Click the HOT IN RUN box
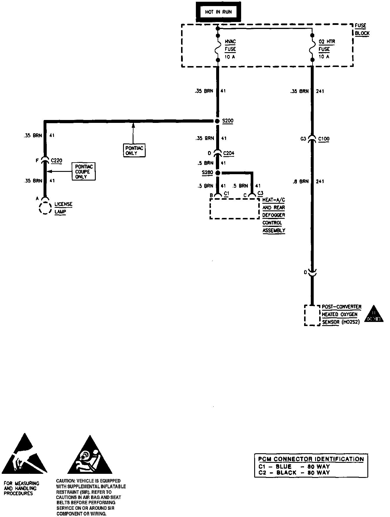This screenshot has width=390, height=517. click(218, 12)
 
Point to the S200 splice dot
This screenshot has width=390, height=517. click(217, 121)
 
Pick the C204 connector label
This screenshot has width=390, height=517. click(229, 153)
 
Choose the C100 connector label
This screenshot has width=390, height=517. click(324, 139)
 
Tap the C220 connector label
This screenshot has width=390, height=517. click(56, 161)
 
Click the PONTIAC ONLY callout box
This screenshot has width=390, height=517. click(134, 150)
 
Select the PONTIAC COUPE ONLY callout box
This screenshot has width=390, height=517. click(84, 172)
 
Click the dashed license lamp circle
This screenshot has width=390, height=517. click(45, 208)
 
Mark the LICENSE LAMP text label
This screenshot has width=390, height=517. click(63, 208)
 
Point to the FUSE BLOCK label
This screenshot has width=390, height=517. click(362, 29)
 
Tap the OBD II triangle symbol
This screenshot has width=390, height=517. click(373, 314)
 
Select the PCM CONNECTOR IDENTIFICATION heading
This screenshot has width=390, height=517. click(311, 459)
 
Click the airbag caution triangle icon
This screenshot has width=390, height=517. click(90, 457)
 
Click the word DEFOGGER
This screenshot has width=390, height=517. click(274, 215)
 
